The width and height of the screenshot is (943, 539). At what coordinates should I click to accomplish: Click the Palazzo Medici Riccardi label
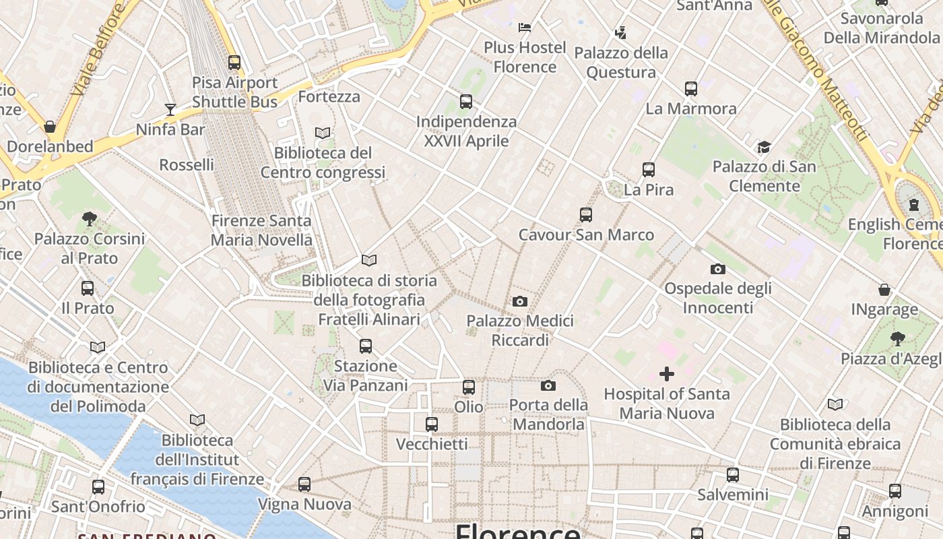pyautogui.click(x=520, y=330)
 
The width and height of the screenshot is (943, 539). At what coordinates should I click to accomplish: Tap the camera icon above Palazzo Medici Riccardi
pyautogui.click(x=520, y=301)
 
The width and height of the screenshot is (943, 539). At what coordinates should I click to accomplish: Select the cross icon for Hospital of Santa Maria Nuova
pyautogui.click(x=667, y=374)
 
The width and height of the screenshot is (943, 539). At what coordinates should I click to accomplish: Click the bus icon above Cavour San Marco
pyautogui.click(x=586, y=215)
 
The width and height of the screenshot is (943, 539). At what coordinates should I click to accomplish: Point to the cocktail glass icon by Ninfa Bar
pyautogui.click(x=170, y=109)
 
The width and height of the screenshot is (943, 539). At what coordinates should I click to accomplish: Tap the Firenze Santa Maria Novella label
pyautogui.click(x=261, y=230)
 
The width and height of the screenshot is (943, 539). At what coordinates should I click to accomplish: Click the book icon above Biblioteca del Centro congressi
pyautogui.click(x=323, y=133)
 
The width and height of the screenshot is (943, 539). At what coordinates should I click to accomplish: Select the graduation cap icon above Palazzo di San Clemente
pyautogui.click(x=764, y=147)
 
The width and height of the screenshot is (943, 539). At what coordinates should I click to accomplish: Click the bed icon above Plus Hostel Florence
pyautogui.click(x=525, y=28)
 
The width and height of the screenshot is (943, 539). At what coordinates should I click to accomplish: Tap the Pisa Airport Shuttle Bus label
pyautogui.click(x=234, y=92)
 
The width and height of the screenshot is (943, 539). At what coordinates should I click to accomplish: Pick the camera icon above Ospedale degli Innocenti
pyautogui.click(x=718, y=269)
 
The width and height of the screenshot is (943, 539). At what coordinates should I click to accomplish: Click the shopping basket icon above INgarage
pyautogui.click(x=884, y=290)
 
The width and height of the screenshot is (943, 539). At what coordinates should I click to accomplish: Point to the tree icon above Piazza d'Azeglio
pyautogui.click(x=897, y=338)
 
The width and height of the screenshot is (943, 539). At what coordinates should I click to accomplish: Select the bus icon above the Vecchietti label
pyautogui.click(x=432, y=424)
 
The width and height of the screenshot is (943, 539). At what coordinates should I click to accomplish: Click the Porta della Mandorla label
pyautogui.click(x=548, y=414)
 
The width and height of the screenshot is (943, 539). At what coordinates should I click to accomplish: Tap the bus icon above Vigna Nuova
pyautogui.click(x=304, y=484)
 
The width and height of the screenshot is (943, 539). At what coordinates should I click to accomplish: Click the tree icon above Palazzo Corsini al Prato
pyautogui.click(x=90, y=218)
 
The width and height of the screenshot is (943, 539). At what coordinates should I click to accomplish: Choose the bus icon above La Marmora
pyautogui.click(x=691, y=89)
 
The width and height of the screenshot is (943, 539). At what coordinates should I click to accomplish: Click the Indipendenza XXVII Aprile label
pyautogui.click(x=466, y=131)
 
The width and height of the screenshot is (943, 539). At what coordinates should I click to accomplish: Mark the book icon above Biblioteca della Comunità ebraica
pyautogui.click(x=835, y=404)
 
